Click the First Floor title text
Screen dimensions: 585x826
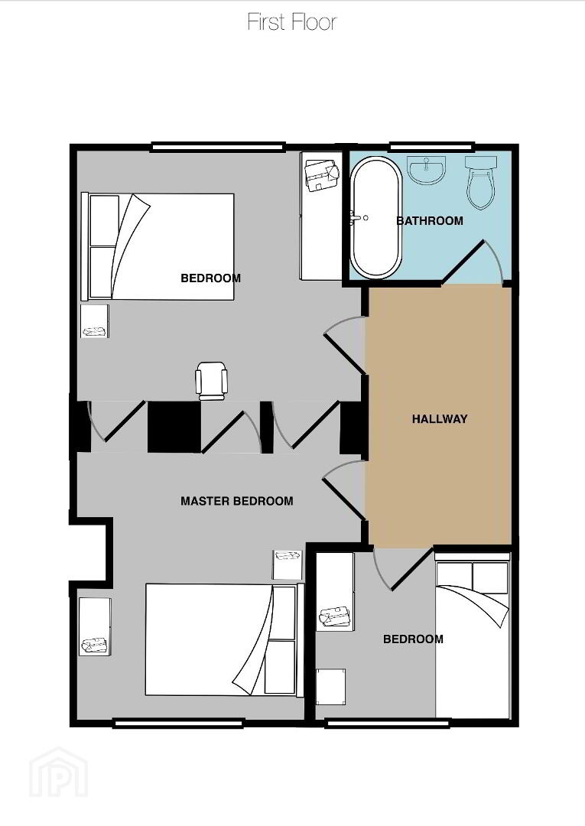291,22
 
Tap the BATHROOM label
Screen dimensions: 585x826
430,221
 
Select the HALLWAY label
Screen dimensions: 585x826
440,419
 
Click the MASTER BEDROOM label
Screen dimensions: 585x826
237,501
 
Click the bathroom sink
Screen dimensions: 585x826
427,171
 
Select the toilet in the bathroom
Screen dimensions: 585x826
480,182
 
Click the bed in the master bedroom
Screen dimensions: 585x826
225,639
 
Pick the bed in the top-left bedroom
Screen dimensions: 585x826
158,246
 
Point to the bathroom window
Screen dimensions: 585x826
431,146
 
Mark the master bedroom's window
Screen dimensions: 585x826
178,724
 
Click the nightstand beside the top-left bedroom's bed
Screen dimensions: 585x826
95,320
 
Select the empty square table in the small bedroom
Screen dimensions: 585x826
330,686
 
